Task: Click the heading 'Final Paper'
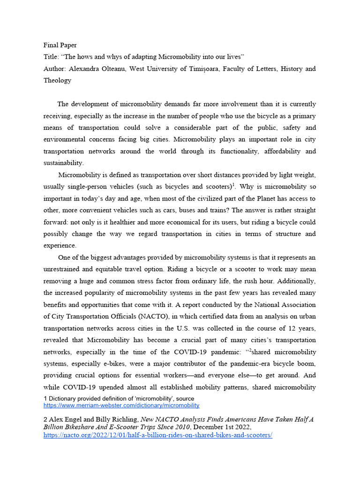60,45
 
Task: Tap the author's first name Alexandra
84,69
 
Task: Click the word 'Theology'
57,80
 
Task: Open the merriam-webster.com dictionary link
121,405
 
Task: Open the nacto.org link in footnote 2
157,435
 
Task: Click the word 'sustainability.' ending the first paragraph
63,163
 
